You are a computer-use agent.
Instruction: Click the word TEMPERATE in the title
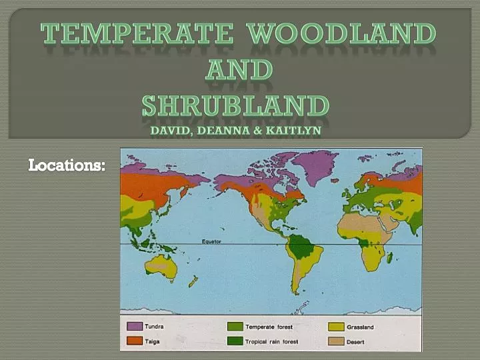tap(137, 34)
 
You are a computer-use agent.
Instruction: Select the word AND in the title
tap(239, 69)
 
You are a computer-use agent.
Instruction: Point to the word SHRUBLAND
tap(236, 105)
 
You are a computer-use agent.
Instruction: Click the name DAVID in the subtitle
tap(170, 130)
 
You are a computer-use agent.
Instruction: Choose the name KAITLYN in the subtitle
tap(293, 130)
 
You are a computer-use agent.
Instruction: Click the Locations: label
tap(67, 165)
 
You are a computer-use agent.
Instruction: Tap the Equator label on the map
tap(213, 241)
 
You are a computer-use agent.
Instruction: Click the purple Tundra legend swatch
tap(135, 327)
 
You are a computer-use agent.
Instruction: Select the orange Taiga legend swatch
tap(135, 341)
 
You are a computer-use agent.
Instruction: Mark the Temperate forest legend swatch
tap(235, 327)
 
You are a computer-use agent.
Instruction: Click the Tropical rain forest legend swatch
tap(235, 341)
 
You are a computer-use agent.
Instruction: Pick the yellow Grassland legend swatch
tap(335, 327)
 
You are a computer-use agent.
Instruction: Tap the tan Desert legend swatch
tap(335, 341)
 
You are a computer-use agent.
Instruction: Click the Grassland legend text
tap(361, 327)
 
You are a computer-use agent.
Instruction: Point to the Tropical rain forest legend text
tap(271, 341)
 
